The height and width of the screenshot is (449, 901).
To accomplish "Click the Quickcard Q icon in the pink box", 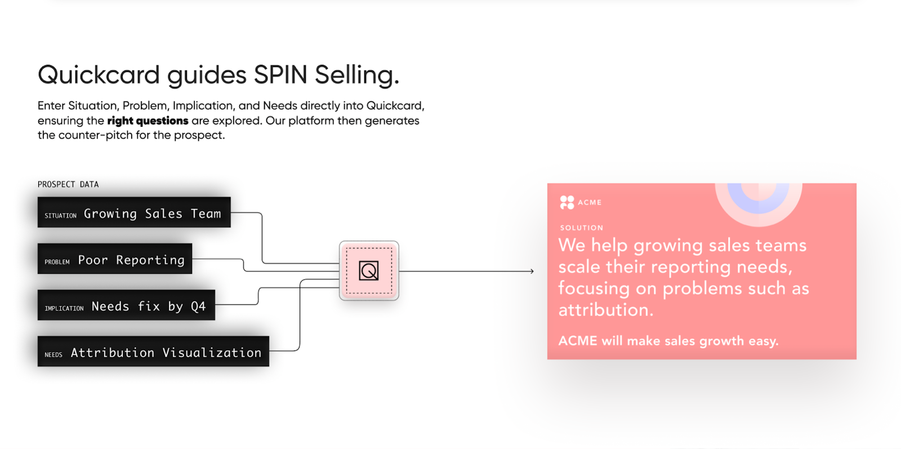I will coord(369,271).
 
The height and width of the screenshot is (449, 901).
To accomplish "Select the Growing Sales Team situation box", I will coord(134,212).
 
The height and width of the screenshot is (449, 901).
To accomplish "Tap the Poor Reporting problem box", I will coord(115,259).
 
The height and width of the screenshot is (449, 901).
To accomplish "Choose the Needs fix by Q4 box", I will coord(126,305).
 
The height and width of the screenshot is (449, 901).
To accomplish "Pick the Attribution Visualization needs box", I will coord(153,352).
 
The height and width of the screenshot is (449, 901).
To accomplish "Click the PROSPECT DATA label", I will coord(68,184).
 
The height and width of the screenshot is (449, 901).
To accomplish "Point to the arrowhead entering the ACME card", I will coord(531,272).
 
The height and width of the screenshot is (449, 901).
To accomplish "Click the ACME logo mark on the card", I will coord(567,202).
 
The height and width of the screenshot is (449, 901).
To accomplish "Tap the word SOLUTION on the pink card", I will coord(581,228).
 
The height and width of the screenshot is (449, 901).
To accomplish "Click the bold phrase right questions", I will coord(148,121).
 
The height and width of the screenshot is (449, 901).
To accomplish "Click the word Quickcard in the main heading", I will coord(99,75).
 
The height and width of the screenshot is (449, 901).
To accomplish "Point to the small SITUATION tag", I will coord(60,215).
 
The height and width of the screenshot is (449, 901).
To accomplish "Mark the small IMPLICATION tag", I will coord(64,308).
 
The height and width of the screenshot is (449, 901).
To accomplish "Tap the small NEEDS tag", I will coord(53,355).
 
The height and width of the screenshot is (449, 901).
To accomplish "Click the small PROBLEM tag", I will coord(57,262).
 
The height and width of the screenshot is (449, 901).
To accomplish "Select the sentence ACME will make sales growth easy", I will coord(668,341).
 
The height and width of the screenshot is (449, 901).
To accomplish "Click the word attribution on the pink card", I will coord(605,310).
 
